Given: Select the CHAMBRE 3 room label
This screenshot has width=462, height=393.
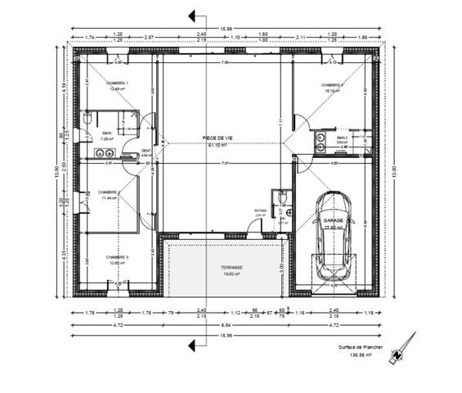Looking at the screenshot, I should pyautogui.click(x=117, y=257).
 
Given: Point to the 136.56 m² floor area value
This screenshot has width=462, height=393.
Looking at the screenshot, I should pyautogui.click(x=361, y=355).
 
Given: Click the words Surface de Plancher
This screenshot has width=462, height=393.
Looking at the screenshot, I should pyautogui.click(x=361, y=347).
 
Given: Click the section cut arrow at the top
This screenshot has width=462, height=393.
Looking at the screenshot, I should pyautogui.click(x=194, y=15).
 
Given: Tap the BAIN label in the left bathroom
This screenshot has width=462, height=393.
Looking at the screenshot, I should pyautogui.click(x=106, y=133).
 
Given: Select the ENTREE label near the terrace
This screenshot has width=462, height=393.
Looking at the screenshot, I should pyautogui.click(x=260, y=210).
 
